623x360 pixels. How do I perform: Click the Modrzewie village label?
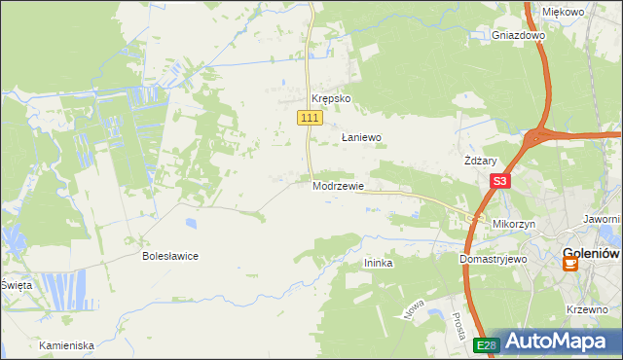(x=338, y=186)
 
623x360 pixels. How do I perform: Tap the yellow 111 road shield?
(x=309, y=118)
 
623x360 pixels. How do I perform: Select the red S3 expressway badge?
(x=499, y=181)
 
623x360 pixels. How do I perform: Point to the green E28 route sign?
(x=487, y=345)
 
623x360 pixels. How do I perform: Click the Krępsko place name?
(x=330, y=99)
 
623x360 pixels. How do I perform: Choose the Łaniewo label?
(x=360, y=138)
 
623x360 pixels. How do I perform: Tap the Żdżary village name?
(x=481, y=162)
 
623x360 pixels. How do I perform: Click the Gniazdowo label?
(x=518, y=35)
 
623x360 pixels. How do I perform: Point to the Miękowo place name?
(x=563, y=12)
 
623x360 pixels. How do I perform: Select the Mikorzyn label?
(x=516, y=224)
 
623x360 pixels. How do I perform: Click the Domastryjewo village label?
(x=493, y=261)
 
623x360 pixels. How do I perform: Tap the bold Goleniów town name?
(x=592, y=255)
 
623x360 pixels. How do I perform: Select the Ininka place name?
(x=378, y=263)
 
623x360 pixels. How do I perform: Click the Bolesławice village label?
(x=170, y=256)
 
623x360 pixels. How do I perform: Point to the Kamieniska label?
(x=66, y=345)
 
